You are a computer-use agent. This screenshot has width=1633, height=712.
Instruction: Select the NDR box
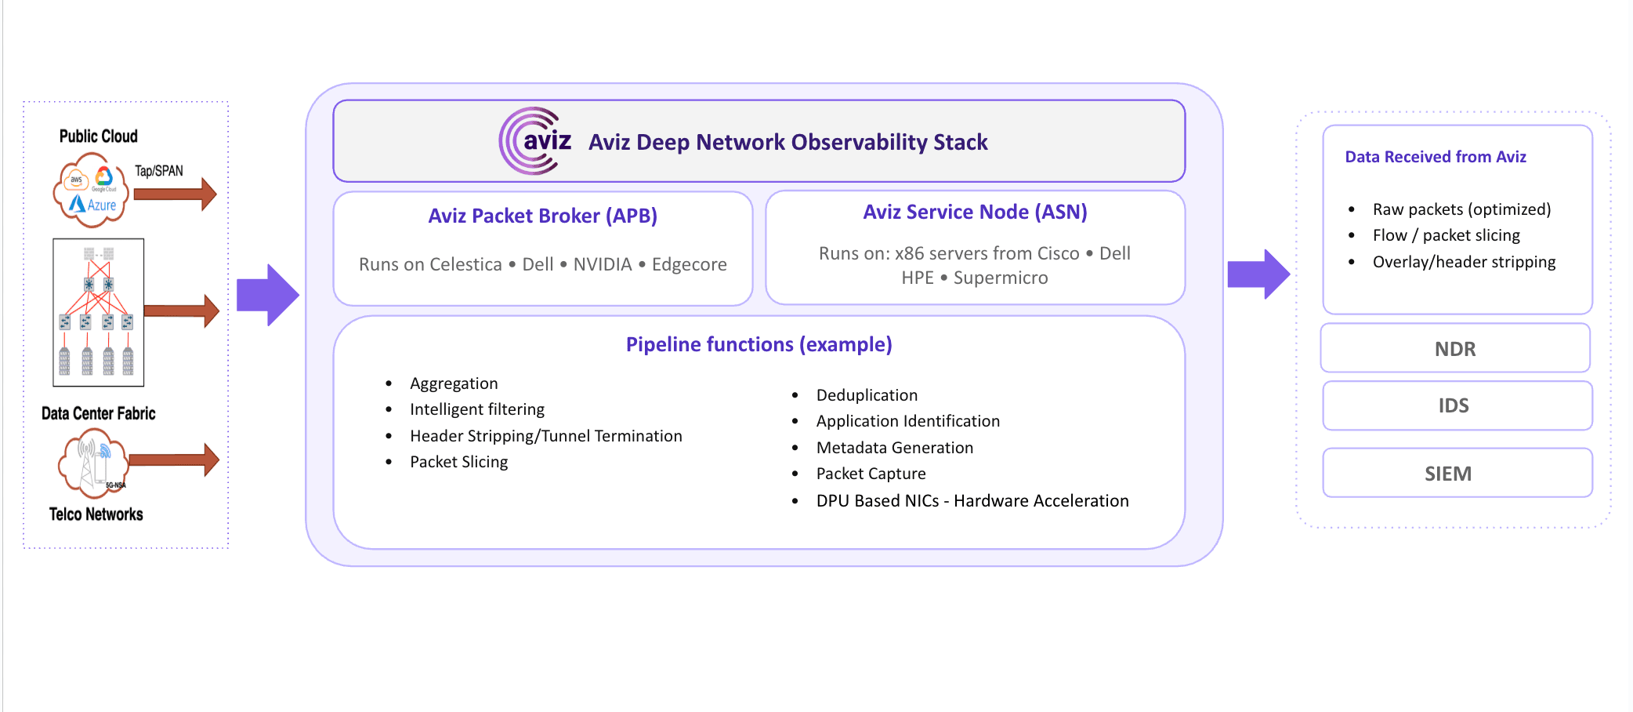1455,349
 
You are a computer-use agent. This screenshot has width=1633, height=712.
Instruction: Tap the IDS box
1454,405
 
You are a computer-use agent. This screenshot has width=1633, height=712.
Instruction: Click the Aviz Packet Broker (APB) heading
542,216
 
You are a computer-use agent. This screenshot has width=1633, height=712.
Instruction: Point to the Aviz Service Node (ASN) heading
975,212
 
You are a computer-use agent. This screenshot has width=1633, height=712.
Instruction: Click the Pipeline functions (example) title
759,344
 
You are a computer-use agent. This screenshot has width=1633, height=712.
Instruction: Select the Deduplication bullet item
867,395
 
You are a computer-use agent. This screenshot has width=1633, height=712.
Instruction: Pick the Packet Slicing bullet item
458,462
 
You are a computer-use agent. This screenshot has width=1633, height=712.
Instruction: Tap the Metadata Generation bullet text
894,448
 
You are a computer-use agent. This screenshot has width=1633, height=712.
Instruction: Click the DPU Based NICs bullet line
972,501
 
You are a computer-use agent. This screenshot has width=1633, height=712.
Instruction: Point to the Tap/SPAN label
159,171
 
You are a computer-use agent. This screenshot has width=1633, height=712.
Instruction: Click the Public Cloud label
99,136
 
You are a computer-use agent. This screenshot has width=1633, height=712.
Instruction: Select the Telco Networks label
96,514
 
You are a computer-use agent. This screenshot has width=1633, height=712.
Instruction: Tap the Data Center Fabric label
98,413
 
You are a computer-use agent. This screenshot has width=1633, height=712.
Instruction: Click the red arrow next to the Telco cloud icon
174,460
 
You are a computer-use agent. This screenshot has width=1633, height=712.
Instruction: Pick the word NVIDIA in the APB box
602,264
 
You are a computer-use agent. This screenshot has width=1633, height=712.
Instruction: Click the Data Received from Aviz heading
1435,157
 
